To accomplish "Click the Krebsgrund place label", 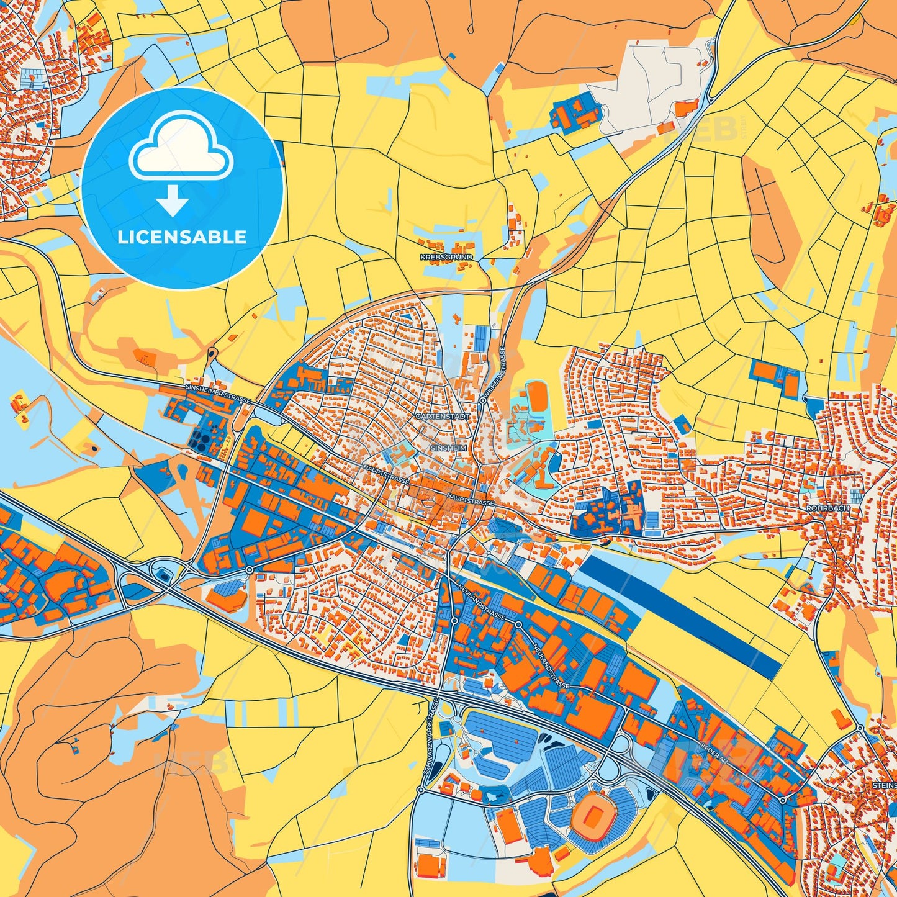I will [446, 257].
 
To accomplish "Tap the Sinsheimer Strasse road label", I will [217, 394].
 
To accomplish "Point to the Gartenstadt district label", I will [443, 417].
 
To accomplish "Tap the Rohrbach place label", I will [827, 508].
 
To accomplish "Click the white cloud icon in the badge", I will [181, 147].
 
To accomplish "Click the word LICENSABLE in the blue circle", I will [182, 237].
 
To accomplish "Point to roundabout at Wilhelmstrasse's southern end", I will [482, 401].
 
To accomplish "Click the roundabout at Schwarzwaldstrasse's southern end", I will [421, 790].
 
